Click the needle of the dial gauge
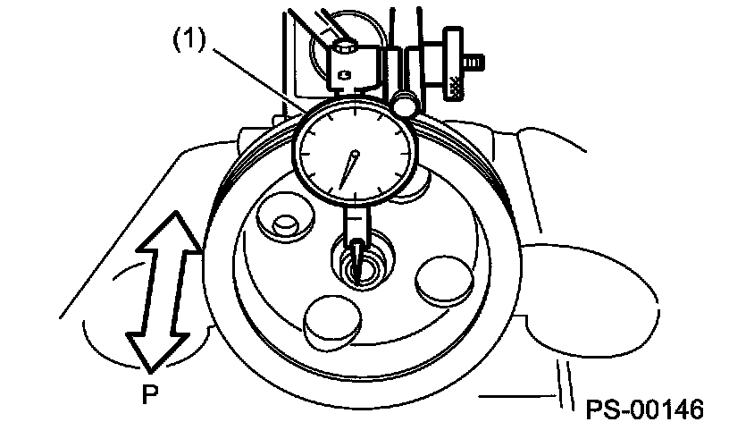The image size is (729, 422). point(348,168)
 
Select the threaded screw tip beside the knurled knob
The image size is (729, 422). point(478,63)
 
